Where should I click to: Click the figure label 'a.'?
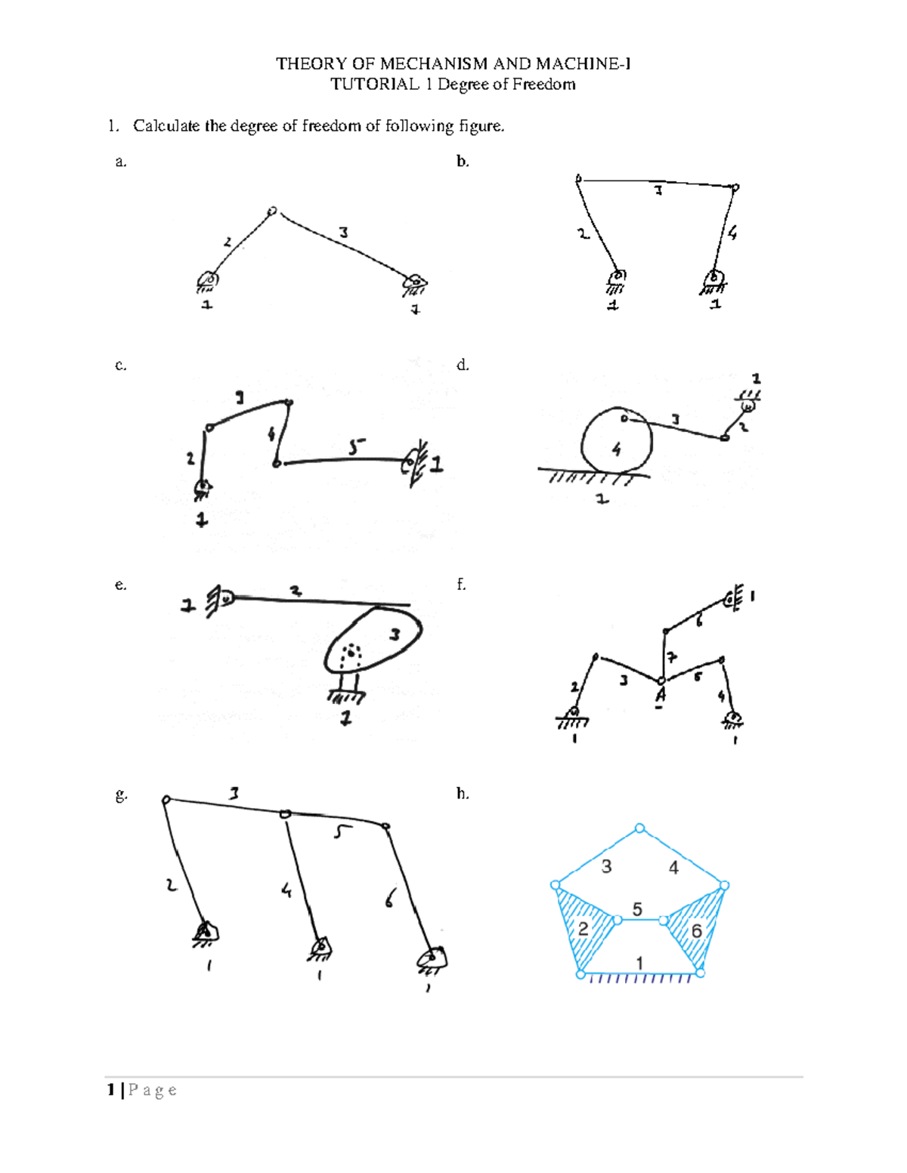tap(120, 161)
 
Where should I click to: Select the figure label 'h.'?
tap(463, 793)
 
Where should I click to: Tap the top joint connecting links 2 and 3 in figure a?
tap(272, 211)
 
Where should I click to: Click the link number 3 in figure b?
tap(658, 191)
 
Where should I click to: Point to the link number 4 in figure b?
tap(732, 233)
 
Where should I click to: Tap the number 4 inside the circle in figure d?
tap(616, 450)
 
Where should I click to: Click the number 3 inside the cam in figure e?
tap(394, 634)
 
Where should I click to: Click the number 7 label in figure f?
tap(671, 656)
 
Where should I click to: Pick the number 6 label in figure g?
tap(389, 898)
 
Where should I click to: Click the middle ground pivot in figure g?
tap(320, 946)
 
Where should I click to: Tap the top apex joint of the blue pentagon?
tap(640, 829)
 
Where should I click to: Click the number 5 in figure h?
tap(637, 909)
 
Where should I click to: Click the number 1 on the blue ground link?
tap(639, 963)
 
